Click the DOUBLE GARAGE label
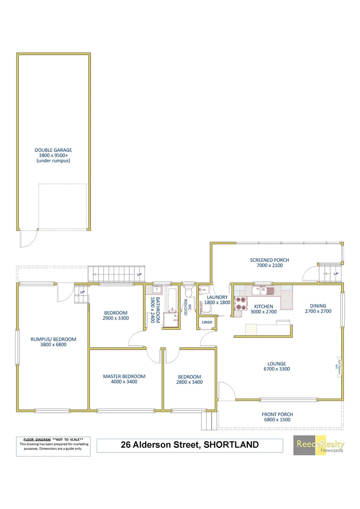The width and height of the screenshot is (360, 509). pos(53,150)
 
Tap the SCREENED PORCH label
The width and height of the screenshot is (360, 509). pos(270,260)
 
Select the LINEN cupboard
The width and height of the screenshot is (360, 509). pos(207,322)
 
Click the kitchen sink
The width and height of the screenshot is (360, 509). pos(260,291)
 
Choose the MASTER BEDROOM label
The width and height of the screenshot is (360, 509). pos(124,377)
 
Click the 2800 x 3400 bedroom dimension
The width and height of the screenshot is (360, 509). pos(189,382)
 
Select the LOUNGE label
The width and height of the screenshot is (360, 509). pos(277,363)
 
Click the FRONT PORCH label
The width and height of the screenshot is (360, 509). pos(277,415)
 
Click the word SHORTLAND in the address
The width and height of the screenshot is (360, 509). pos(231,444)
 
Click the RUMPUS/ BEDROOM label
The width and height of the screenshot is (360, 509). pos(53,339)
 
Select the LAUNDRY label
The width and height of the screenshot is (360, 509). pos(217,297)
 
